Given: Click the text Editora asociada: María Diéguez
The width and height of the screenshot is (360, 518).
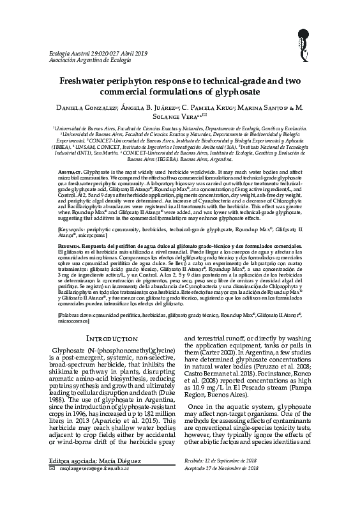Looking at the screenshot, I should coord(89,486).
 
